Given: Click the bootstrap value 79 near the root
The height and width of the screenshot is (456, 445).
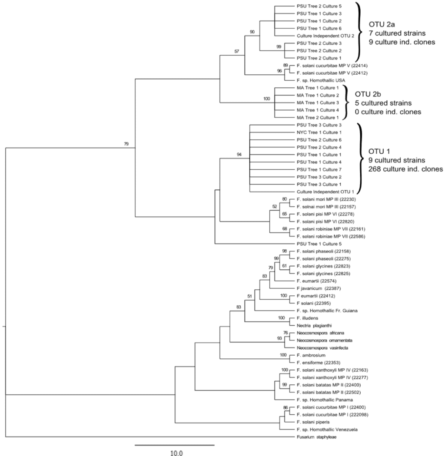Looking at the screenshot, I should (126, 144).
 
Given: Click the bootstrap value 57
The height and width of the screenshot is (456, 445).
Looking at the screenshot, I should (237, 51).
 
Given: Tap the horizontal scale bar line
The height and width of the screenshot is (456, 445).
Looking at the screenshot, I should (175, 445).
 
